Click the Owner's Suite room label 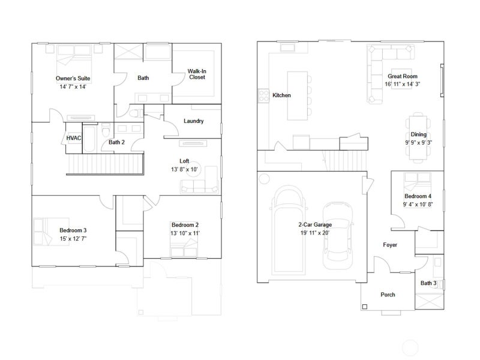click(73, 79)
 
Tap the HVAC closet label click(74, 138)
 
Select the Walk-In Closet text click(197, 74)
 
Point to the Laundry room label click(193, 121)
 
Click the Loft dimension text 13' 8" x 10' click(184, 169)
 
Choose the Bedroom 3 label click(73, 230)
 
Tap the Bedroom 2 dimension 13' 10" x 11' click(185, 233)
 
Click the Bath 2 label click(116, 142)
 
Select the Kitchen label click(281, 95)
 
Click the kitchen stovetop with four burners click(263, 95)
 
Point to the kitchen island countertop click(297, 95)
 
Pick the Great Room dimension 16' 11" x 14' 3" click(402, 84)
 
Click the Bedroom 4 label click(418, 196)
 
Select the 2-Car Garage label click(315, 224)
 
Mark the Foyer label click(390, 245)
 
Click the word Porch click(388, 295)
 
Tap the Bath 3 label click(428, 283)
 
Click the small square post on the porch click(365, 307)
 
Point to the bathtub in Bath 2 click(89, 138)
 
